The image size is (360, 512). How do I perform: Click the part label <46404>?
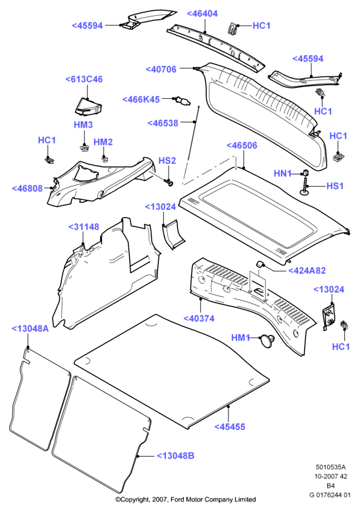coord(202,14)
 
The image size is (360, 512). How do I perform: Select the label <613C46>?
coord(84,80)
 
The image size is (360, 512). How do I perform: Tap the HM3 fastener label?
coord(83,125)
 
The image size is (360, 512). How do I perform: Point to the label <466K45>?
coord(141,99)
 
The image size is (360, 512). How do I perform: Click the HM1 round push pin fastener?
coord(267,340)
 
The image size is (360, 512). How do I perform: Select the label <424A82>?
coord(307,270)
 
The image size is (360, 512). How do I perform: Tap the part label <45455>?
coord(230,426)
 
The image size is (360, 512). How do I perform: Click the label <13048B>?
coord(176,456)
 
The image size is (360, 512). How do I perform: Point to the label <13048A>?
coord(30,329)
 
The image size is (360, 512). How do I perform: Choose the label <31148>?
coord(84,227)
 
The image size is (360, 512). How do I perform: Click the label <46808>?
coord(28,189)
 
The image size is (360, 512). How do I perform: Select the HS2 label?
coord(167,161)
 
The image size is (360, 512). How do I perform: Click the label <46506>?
coord(242,145)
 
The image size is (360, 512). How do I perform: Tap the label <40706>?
coord(161,70)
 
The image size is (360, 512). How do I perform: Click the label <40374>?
coord(199,319)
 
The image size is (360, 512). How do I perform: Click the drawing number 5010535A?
coord(330,467)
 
